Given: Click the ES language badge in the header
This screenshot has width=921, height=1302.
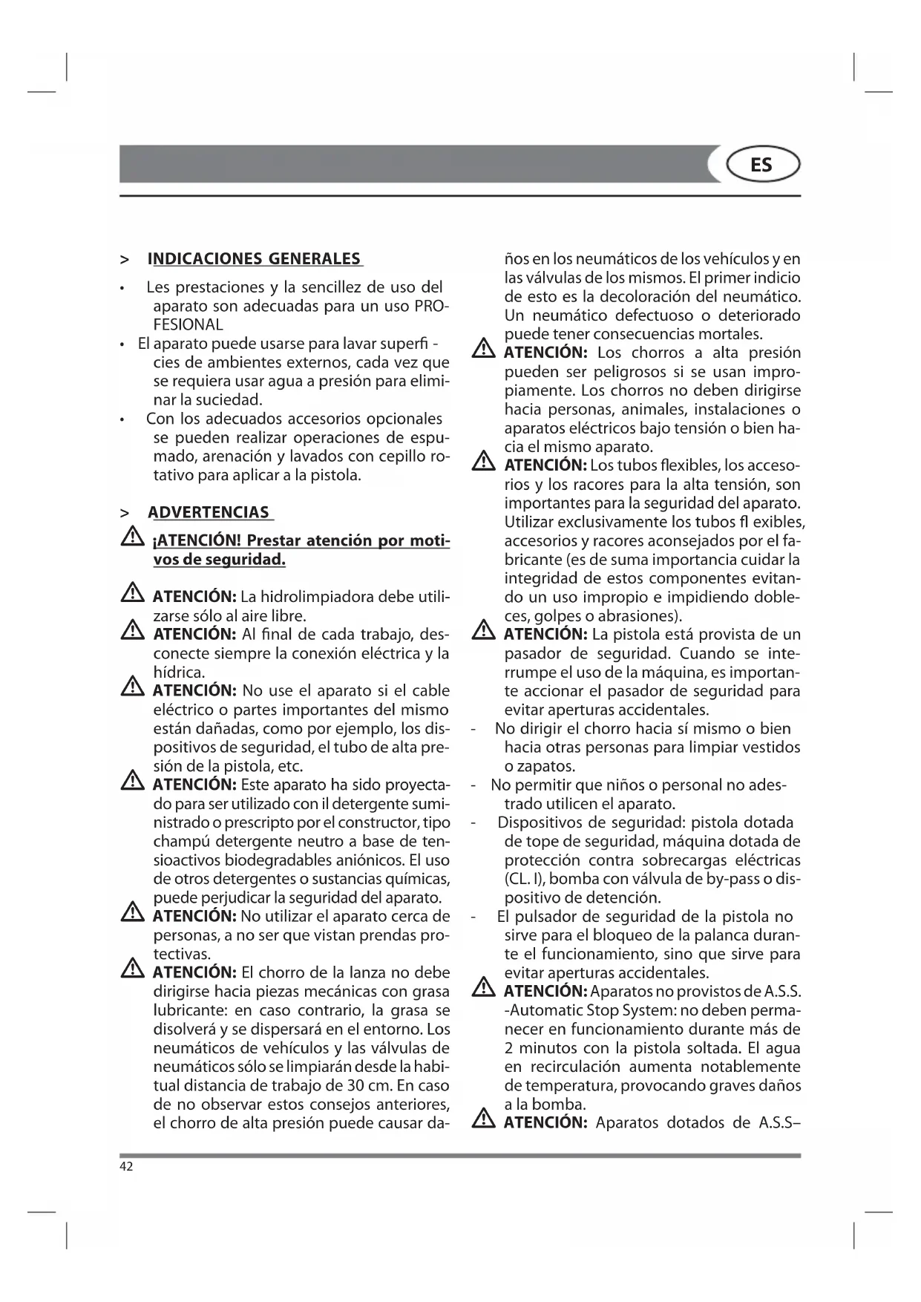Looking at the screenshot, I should coord(761,165).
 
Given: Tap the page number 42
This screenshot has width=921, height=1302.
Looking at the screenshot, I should coord(126,1166).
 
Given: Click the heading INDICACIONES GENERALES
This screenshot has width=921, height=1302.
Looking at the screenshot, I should coord(255,259).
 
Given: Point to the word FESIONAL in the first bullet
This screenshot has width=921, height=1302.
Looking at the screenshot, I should coord(188,324).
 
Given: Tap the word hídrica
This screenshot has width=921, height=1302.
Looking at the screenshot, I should coord(178,673).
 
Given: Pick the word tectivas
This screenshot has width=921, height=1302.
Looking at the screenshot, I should coord(182,954).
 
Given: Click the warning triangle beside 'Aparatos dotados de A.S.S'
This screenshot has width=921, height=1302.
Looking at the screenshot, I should coord(484,1118).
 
